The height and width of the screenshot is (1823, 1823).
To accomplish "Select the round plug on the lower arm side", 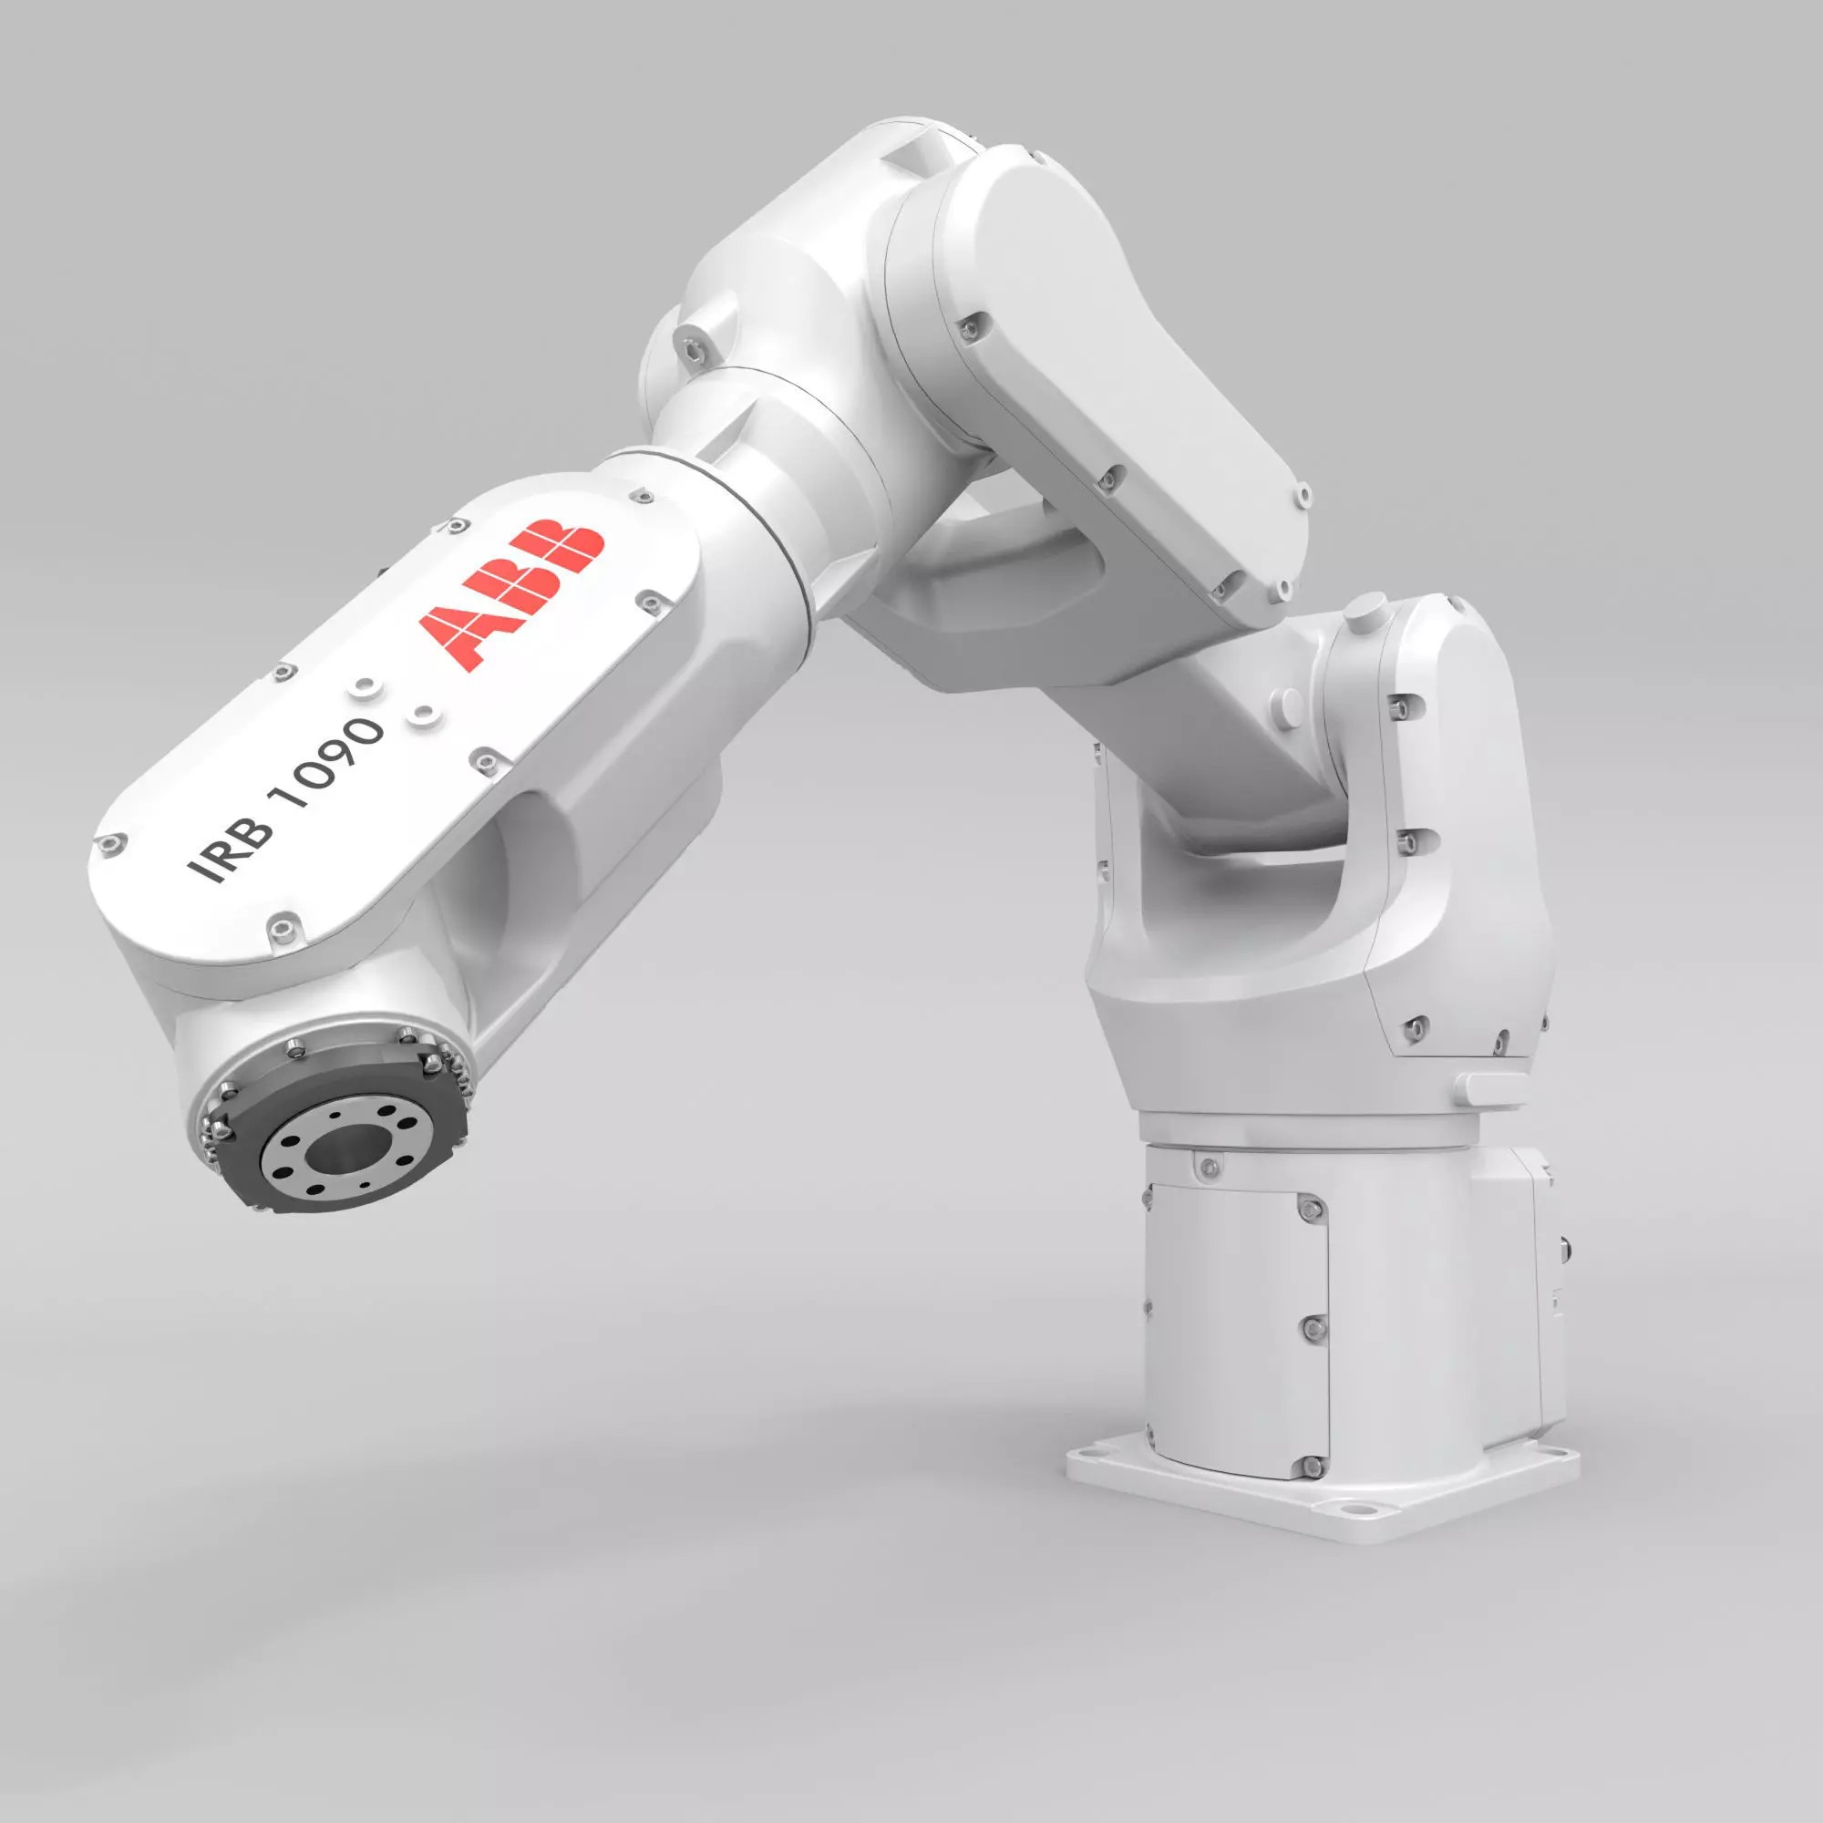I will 1287,703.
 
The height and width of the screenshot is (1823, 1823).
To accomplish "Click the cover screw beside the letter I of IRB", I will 112,842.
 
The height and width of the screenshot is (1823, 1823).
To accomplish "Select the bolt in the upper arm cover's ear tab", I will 1303,493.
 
